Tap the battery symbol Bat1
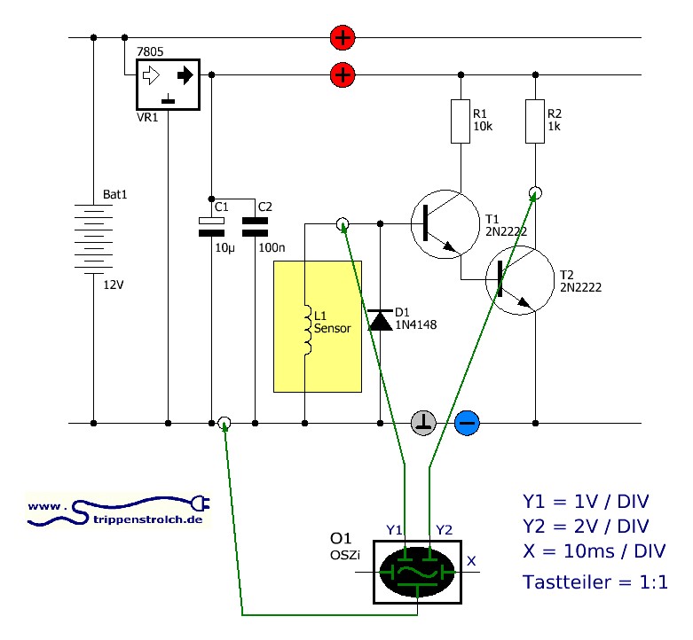[x=93, y=238]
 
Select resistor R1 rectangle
[x=461, y=121]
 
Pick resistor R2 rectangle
[x=535, y=121]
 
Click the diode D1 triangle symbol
[x=380, y=320]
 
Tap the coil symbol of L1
[x=307, y=329]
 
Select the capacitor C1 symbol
[x=211, y=227]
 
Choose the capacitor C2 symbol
[x=255, y=227]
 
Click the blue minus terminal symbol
[x=467, y=423]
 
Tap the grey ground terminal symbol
[x=423, y=423]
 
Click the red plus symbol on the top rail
[x=343, y=37]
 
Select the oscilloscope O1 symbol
[x=417, y=572]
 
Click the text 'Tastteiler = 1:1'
[x=595, y=582]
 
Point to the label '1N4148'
[x=416, y=324]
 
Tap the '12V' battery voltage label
[x=114, y=285]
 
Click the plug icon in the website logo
[x=201, y=503]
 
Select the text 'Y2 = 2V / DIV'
[x=586, y=527]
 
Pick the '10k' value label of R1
[x=483, y=126]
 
